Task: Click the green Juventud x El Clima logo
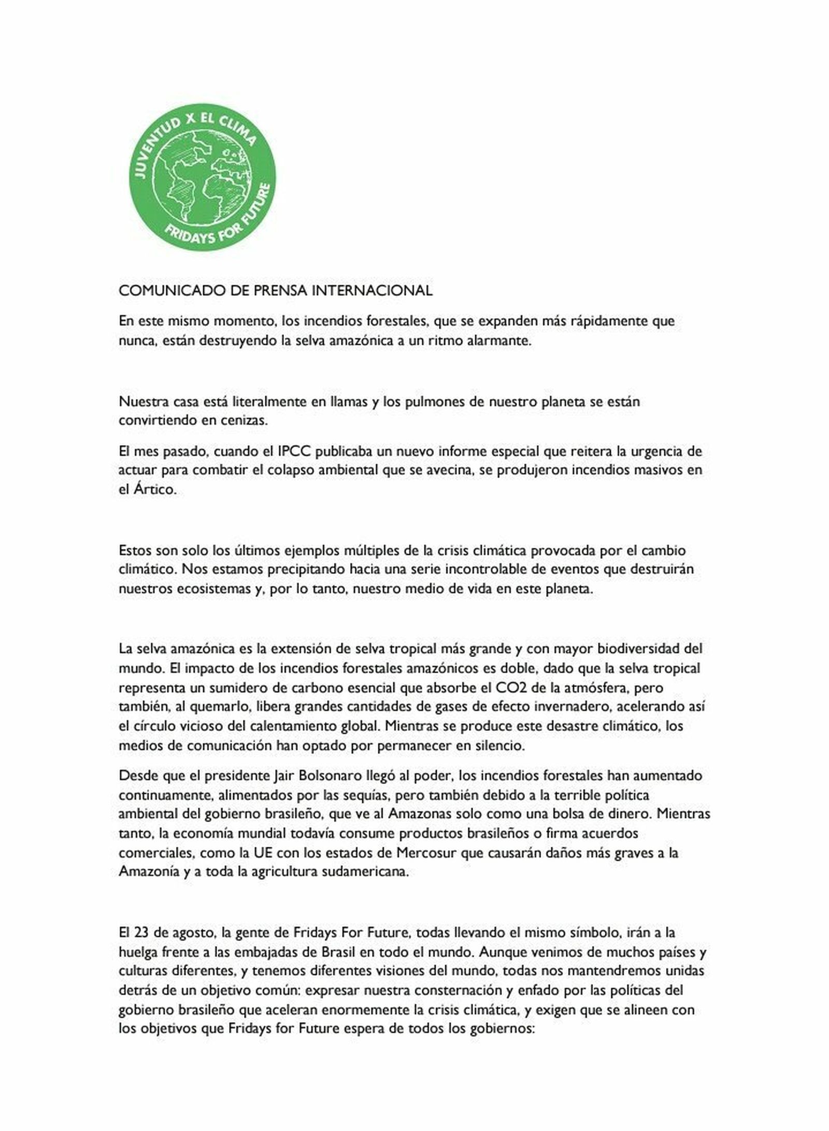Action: (x=202, y=176)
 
